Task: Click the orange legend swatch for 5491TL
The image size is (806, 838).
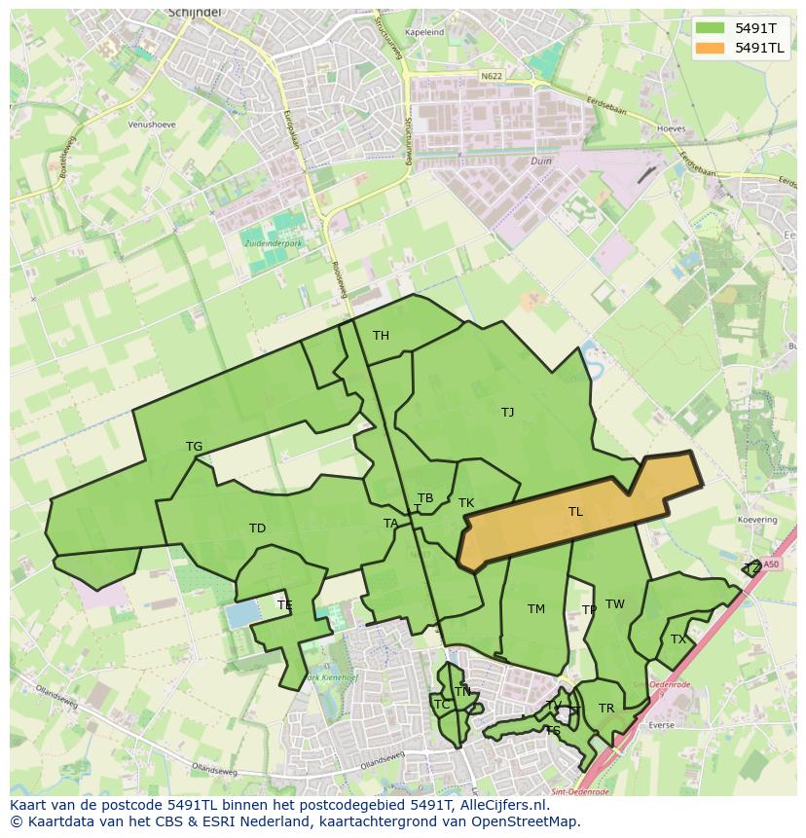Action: click(711, 48)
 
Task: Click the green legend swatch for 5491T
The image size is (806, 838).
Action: click(711, 28)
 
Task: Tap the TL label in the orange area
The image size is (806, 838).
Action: click(575, 512)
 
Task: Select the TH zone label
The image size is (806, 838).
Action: click(381, 336)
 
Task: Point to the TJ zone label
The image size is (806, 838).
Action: click(507, 413)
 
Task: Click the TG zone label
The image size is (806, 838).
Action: click(194, 447)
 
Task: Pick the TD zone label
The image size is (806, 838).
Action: click(257, 528)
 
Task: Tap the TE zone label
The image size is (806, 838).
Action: click(284, 605)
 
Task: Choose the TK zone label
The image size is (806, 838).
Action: click(466, 503)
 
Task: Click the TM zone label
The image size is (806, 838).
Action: click(536, 609)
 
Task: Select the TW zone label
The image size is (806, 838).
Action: click(615, 604)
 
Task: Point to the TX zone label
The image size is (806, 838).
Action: click(678, 639)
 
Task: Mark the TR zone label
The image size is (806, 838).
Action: click(606, 709)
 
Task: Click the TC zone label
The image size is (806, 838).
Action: click(441, 705)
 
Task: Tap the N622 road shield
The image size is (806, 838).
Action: click(492, 75)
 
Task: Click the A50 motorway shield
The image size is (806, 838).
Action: click(771, 564)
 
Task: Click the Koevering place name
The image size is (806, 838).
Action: click(757, 520)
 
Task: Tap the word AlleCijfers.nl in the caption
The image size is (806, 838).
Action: click(501, 805)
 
